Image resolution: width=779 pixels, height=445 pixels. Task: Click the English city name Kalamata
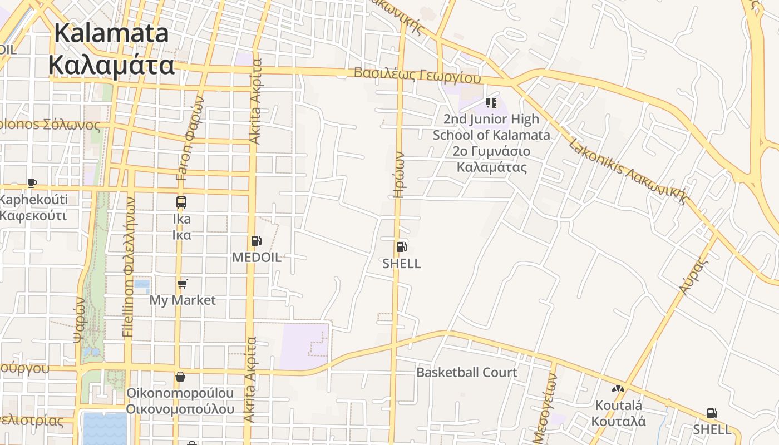point(111,33)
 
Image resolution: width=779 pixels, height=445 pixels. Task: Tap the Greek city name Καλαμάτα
point(111,65)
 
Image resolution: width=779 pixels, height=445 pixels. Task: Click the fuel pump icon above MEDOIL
point(256,241)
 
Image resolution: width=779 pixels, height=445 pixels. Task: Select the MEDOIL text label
point(257,258)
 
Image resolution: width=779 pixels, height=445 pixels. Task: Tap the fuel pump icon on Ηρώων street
point(401,246)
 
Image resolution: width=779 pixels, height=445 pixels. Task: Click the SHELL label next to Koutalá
point(712,429)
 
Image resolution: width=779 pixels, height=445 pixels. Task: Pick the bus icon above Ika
point(181,202)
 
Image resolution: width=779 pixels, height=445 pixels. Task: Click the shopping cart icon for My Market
point(182,284)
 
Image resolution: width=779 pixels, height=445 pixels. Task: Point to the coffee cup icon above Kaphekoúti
point(32,183)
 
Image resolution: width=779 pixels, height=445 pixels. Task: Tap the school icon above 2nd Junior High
point(491,102)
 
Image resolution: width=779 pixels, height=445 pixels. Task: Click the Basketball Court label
point(467,373)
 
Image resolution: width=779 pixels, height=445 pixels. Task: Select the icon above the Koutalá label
point(618,389)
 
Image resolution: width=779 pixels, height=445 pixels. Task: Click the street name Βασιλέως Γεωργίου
point(417,75)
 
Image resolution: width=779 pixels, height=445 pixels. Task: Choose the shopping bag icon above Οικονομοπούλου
point(180,377)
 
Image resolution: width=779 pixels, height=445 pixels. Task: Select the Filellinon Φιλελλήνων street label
point(129,267)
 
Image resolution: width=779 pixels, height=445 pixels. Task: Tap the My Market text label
point(182,300)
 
